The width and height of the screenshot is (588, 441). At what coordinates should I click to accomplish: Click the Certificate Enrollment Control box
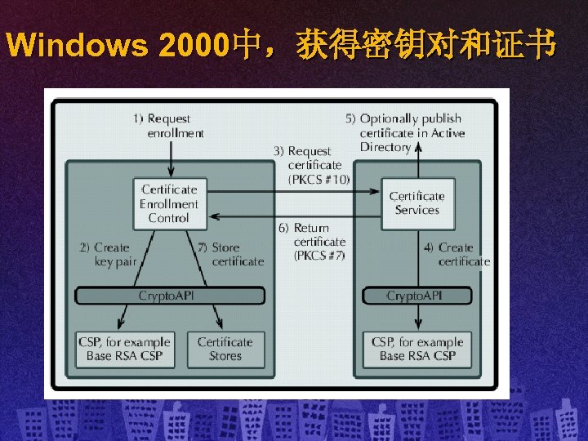point(169,203)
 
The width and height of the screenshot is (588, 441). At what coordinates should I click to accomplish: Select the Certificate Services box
point(416,203)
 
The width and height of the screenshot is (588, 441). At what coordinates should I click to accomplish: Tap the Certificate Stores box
point(225,349)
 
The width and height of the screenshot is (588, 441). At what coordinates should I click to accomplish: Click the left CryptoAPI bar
point(169,295)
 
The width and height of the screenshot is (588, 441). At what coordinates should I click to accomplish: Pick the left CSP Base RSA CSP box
point(124,349)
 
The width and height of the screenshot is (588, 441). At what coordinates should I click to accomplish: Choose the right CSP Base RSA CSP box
point(416,349)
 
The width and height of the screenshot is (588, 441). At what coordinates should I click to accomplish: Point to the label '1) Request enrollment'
point(169,126)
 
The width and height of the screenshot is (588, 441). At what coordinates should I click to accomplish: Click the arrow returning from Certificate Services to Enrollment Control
point(294,216)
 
